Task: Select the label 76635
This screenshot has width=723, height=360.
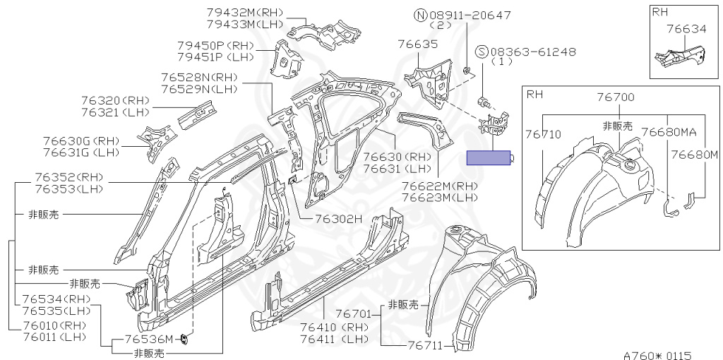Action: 418,44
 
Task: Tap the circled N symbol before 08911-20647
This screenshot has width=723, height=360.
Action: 420,15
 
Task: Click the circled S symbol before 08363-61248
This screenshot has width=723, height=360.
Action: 482,52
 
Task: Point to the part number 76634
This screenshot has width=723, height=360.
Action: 686,29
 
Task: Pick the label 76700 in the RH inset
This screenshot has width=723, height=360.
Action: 615,97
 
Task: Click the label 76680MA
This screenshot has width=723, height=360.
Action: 669,132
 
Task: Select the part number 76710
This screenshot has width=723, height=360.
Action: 543,134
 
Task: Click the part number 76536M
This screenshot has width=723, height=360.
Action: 148,340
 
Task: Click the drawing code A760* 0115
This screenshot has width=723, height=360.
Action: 657,355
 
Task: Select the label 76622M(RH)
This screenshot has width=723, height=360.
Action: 440,186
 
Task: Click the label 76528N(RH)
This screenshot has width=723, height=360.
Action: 199,78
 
